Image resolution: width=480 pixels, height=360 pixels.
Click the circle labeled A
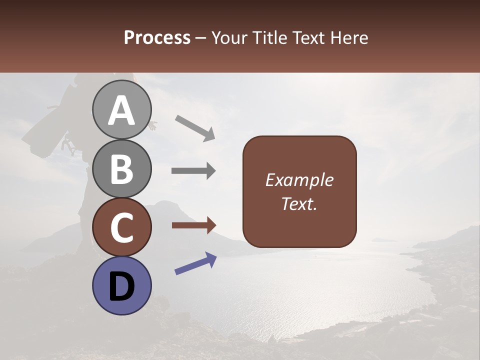point(122,109)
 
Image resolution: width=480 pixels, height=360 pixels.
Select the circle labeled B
point(122,168)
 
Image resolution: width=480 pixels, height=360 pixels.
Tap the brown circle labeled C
point(122,227)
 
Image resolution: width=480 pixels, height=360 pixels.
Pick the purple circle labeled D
point(122,285)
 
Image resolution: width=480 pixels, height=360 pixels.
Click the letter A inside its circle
point(122,110)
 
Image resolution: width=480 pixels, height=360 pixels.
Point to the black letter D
point(122,286)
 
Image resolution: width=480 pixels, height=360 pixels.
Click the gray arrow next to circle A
point(195,127)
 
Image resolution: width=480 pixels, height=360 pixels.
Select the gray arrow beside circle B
point(193,171)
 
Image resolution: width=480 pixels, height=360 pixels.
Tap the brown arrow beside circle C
point(193,225)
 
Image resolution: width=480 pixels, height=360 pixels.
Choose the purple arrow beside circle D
point(195,263)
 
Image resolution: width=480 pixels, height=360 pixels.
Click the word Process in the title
point(157,37)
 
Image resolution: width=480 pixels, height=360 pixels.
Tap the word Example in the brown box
point(299,180)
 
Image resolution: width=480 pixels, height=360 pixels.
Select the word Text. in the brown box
point(299,204)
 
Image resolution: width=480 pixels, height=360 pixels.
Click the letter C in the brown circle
point(122,228)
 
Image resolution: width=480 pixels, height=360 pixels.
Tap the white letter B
point(122,169)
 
